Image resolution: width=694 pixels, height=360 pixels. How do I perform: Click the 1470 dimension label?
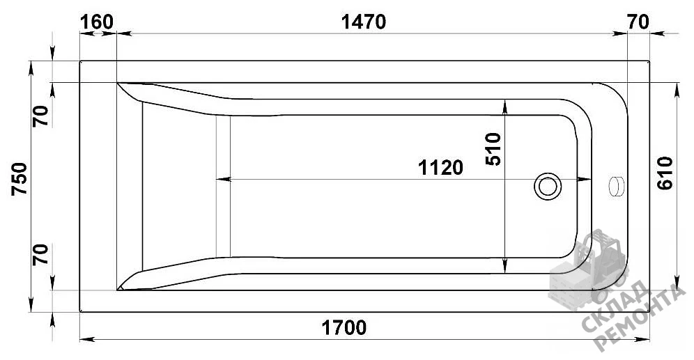coord(364,22)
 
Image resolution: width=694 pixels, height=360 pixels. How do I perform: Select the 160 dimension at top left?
coord(97,22)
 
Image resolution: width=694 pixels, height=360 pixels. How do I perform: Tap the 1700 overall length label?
coord(344,328)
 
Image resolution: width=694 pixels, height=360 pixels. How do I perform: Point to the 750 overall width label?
coord(20,179)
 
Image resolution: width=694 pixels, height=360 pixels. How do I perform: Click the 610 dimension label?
coord(665,173)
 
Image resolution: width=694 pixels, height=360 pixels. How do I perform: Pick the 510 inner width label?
coord(493,149)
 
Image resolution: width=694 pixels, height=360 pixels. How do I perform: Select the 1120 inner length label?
coord(441,168)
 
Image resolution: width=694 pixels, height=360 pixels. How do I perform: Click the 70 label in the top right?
coord(638,22)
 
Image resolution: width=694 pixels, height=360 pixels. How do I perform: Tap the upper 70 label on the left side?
coord(40,116)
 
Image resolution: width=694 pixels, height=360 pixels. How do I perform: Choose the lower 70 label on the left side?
coord(40,254)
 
